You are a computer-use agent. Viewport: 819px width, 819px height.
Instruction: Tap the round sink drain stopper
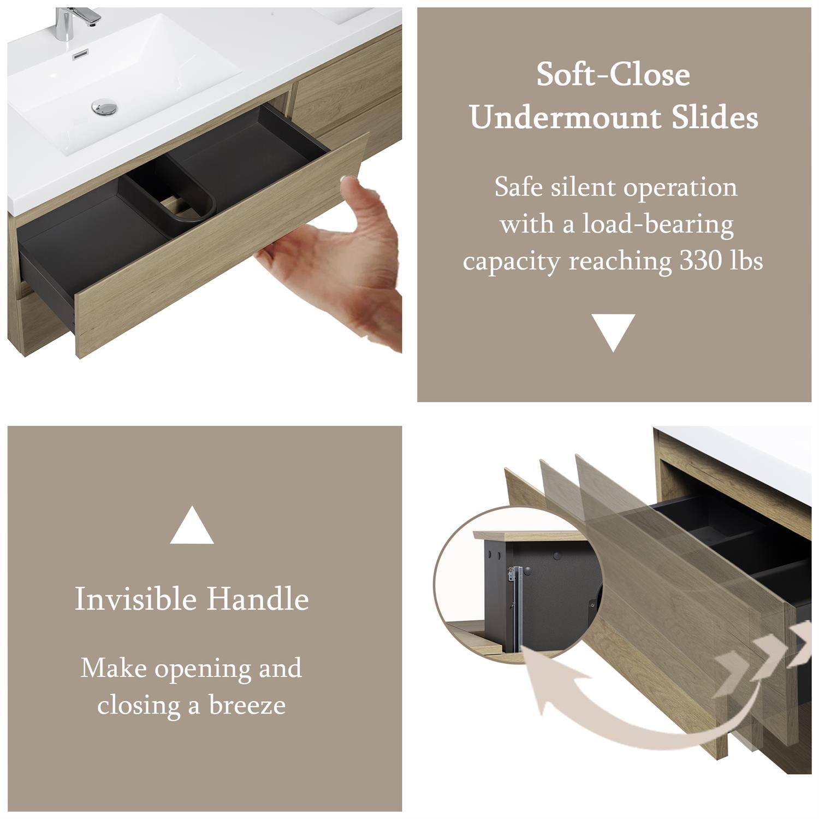click(x=104, y=107)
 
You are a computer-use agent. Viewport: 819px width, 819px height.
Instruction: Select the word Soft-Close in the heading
click(x=613, y=75)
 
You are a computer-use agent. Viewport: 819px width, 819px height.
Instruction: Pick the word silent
click(x=584, y=187)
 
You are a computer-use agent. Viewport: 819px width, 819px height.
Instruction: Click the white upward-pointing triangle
click(x=192, y=527)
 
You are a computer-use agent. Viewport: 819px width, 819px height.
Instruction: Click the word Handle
click(x=258, y=599)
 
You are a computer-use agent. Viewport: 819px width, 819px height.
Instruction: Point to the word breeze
click(x=247, y=705)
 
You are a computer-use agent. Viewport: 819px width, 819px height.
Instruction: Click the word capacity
click(x=512, y=262)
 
